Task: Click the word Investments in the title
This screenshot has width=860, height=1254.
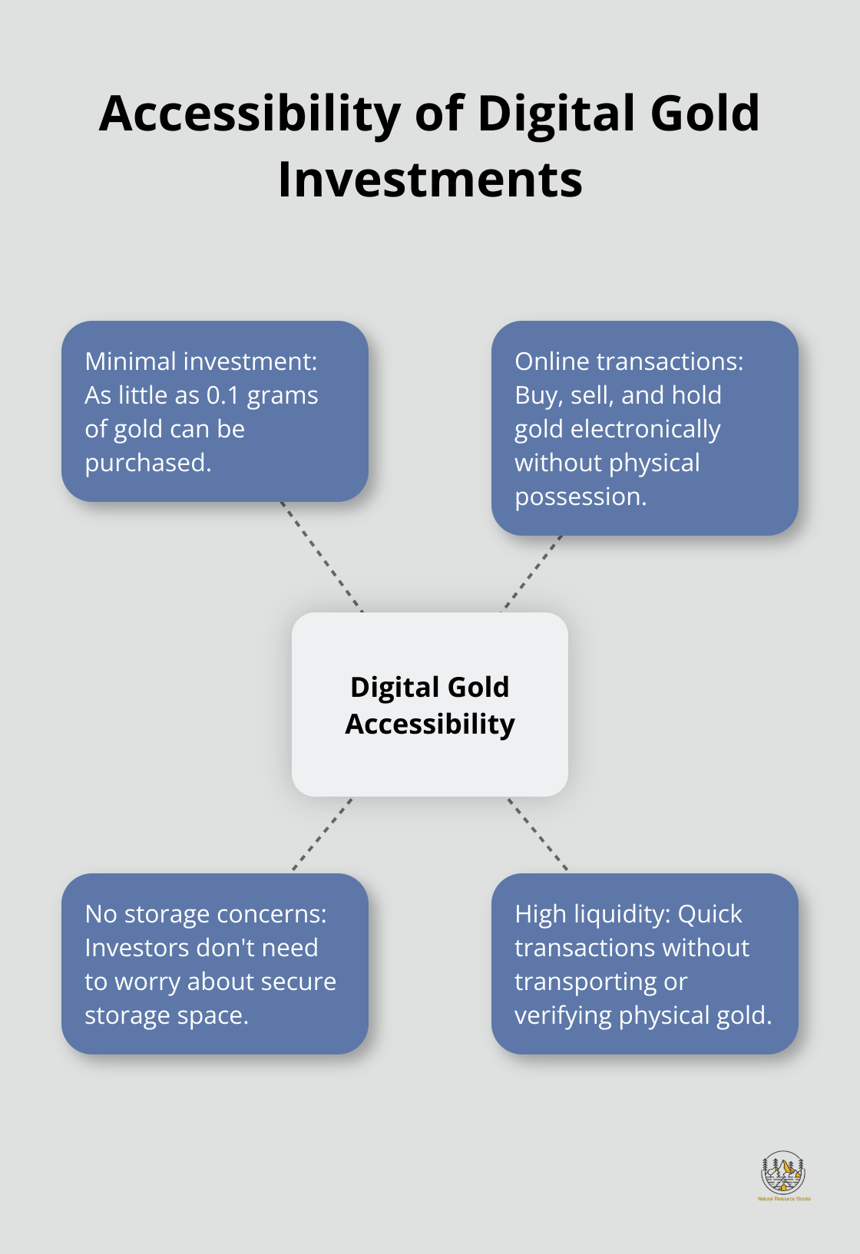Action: click(430, 180)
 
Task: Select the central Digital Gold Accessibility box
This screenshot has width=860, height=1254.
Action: click(430, 704)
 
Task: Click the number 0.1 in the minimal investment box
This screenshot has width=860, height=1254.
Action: click(223, 395)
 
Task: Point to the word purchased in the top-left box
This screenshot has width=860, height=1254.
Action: click(147, 463)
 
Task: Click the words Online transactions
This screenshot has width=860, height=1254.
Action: click(629, 361)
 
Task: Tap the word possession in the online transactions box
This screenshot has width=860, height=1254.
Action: click(580, 497)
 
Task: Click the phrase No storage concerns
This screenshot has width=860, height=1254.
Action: click(205, 914)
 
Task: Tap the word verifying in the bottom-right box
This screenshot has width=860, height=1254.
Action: click(563, 1015)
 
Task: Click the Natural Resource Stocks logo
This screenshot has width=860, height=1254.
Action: click(783, 1175)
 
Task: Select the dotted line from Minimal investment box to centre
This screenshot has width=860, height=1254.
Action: click(321, 556)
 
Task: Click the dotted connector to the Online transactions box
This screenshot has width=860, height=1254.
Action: click(532, 573)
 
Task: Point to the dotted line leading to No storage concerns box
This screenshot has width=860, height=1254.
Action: click(322, 834)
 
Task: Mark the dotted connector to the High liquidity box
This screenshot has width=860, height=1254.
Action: click(537, 834)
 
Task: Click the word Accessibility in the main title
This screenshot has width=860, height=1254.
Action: click(250, 114)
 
